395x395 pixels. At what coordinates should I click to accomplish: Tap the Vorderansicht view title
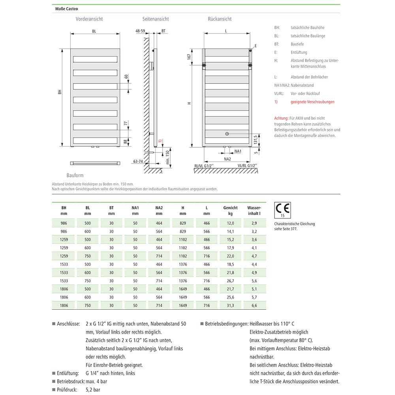[x=89, y=19]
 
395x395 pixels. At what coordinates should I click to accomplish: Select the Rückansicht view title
[x=220, y=19]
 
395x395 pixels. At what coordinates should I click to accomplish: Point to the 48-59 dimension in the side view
[x=140, y=30]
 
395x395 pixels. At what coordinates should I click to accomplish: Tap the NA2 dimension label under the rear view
[x=227, y=159]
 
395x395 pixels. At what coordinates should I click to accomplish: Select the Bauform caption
[x=75, y=175]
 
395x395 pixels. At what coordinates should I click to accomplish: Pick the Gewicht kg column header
[x=230, y=211]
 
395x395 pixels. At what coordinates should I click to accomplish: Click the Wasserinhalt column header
[x=254, y=211]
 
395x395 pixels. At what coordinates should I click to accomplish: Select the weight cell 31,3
[x=231, y=305]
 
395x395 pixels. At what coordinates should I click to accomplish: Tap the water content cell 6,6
[x=254, y=305]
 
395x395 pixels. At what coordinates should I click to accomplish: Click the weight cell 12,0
[x=231, y=223]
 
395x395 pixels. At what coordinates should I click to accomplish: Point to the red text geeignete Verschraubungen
[x=312, y=102]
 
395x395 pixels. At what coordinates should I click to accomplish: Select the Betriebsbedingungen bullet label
[x=226, y=324]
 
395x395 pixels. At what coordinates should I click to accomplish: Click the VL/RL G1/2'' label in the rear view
[x=247, y=166]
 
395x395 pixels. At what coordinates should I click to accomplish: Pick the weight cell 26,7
[x=231, y=281]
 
